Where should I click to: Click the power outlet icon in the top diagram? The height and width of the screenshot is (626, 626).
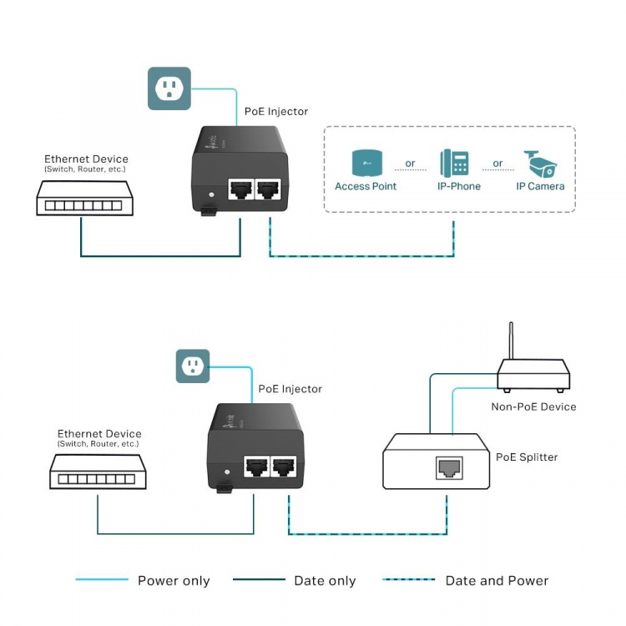click(169, 88)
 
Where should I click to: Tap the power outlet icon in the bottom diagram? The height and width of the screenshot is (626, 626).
click(193, 366)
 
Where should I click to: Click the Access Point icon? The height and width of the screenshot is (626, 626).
click(365, 163)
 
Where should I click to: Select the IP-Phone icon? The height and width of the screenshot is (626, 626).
click(454, 163)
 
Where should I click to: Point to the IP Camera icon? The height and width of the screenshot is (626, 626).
click(540, 163)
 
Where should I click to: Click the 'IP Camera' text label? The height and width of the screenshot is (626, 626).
click(540, 186)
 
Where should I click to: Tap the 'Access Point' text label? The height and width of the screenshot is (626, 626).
click(366, 186)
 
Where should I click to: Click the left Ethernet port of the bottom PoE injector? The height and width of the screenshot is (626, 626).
click(255, 467)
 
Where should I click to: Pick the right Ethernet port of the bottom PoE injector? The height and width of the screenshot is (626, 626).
click(284, 467)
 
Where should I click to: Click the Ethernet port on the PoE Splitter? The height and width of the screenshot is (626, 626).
click(449, 467)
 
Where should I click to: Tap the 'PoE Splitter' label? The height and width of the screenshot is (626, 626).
click(527, 457)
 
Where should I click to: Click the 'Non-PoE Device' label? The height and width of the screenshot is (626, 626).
click(533, 406)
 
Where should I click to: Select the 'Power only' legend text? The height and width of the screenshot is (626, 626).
click(174, 581)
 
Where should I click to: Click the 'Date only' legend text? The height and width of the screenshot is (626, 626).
click(325, 581)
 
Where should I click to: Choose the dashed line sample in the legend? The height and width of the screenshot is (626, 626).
click(408, 579)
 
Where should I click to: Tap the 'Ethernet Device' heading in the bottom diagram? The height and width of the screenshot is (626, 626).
click(99, 434)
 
